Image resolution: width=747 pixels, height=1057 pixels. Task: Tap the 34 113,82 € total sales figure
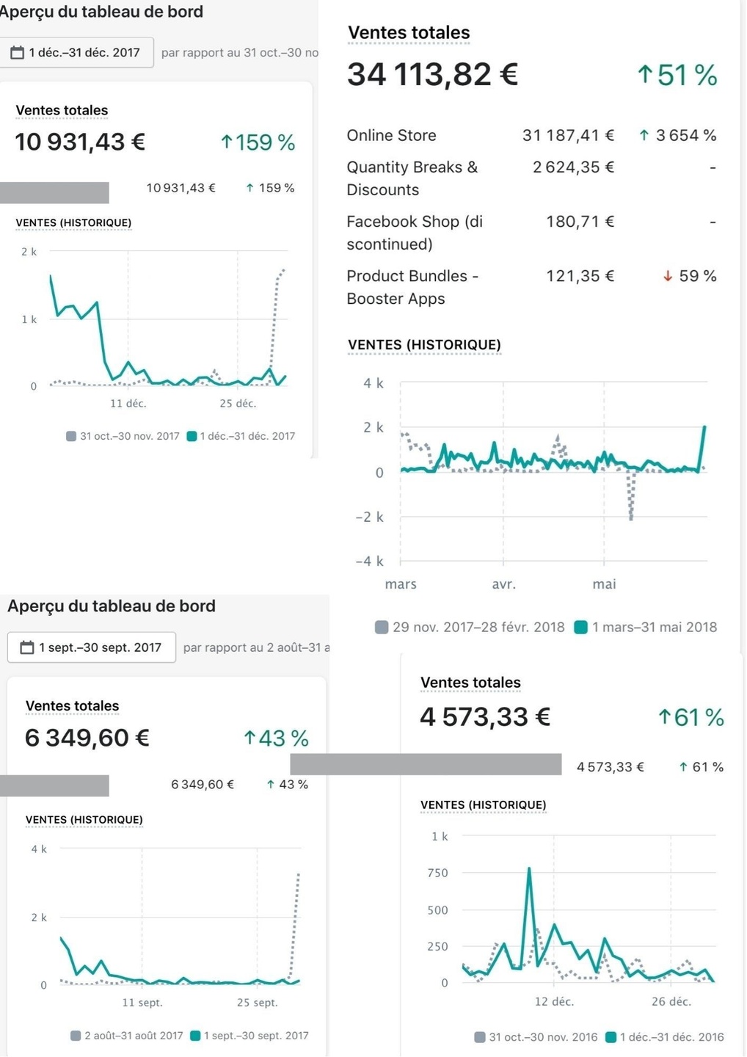click(432, 74)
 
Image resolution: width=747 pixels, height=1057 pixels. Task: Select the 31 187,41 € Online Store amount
click(568, 135)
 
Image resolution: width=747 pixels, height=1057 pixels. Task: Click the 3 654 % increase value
click(677, 135)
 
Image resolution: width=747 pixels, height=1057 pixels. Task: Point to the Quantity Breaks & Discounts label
click(412, 178)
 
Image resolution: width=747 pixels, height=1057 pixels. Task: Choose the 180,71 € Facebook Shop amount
click(580, 222)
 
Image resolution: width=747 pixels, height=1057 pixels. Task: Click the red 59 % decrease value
click(690, 276)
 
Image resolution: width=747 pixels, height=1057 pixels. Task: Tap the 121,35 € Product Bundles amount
click(580, 276)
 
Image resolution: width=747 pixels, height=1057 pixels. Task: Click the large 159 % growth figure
click(258, 142)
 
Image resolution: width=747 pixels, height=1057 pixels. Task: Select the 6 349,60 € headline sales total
click(87, 738)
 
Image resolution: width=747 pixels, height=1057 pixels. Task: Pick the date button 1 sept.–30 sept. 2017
click(91, 647)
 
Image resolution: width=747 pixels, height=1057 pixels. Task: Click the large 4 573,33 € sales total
click(485, 717)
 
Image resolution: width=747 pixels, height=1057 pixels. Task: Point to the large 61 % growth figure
click(691, 717)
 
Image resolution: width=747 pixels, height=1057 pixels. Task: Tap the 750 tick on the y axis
click(437, 873)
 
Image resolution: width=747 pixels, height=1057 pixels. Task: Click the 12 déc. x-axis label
click(554, 1001)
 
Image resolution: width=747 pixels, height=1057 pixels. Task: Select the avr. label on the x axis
click(503, 584)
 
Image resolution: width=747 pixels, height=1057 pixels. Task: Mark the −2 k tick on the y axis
click(369, 517)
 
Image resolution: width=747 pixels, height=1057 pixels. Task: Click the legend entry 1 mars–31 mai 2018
click(646, 628)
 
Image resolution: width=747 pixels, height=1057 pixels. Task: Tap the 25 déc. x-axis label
click(238, 403)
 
